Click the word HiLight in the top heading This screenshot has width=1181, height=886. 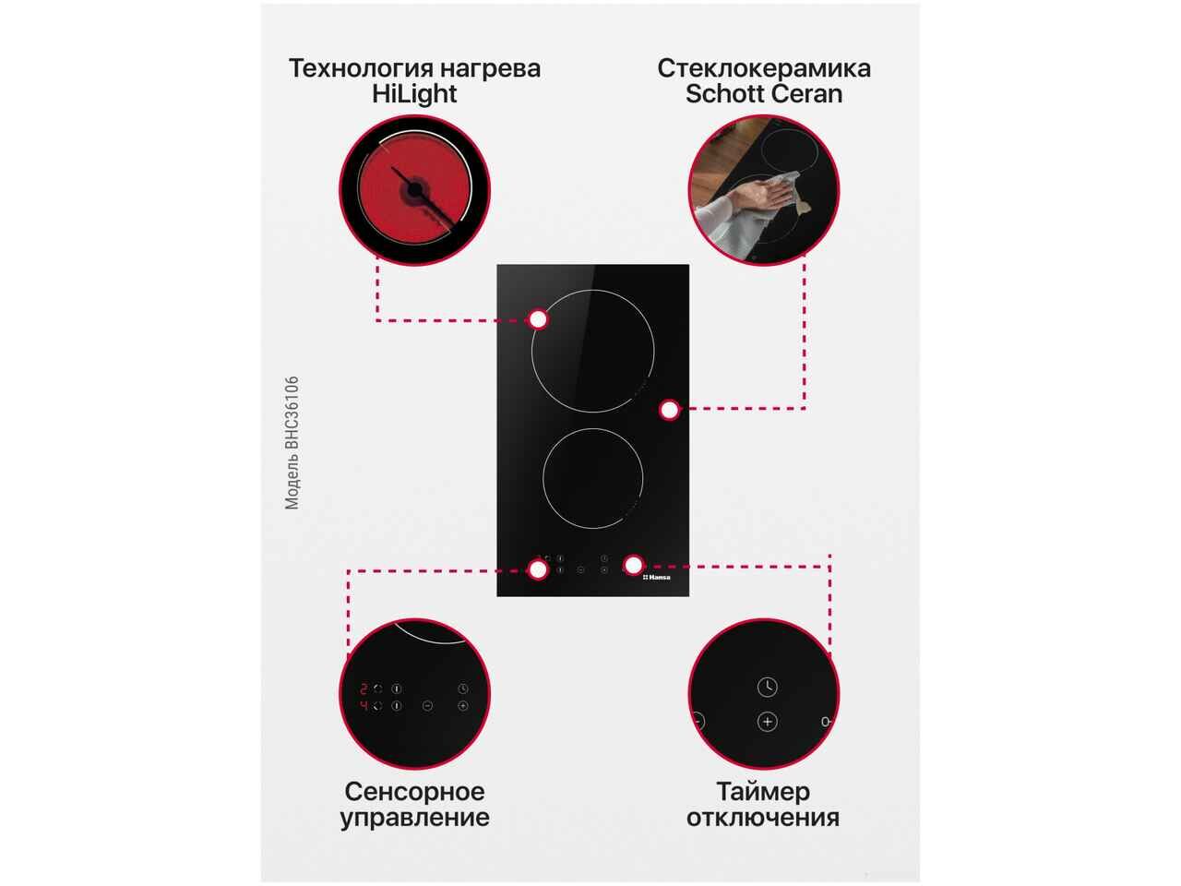413,94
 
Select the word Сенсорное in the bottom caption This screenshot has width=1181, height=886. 414,792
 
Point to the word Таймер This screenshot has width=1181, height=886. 763,792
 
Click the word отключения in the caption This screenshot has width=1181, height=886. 762,818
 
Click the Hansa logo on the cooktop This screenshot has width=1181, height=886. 656,577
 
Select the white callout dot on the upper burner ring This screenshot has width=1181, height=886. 538,319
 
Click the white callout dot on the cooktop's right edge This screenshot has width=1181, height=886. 669,410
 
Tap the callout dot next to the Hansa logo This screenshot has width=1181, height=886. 633,565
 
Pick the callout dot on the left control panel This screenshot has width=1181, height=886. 538,569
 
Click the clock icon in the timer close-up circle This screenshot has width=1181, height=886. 768,687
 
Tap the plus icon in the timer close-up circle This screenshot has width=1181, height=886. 768,722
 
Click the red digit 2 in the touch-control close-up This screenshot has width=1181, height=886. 364,688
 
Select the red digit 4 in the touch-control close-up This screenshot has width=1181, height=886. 364,706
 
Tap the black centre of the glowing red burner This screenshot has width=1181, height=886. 414,189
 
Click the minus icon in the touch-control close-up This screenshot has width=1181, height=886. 428,706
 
